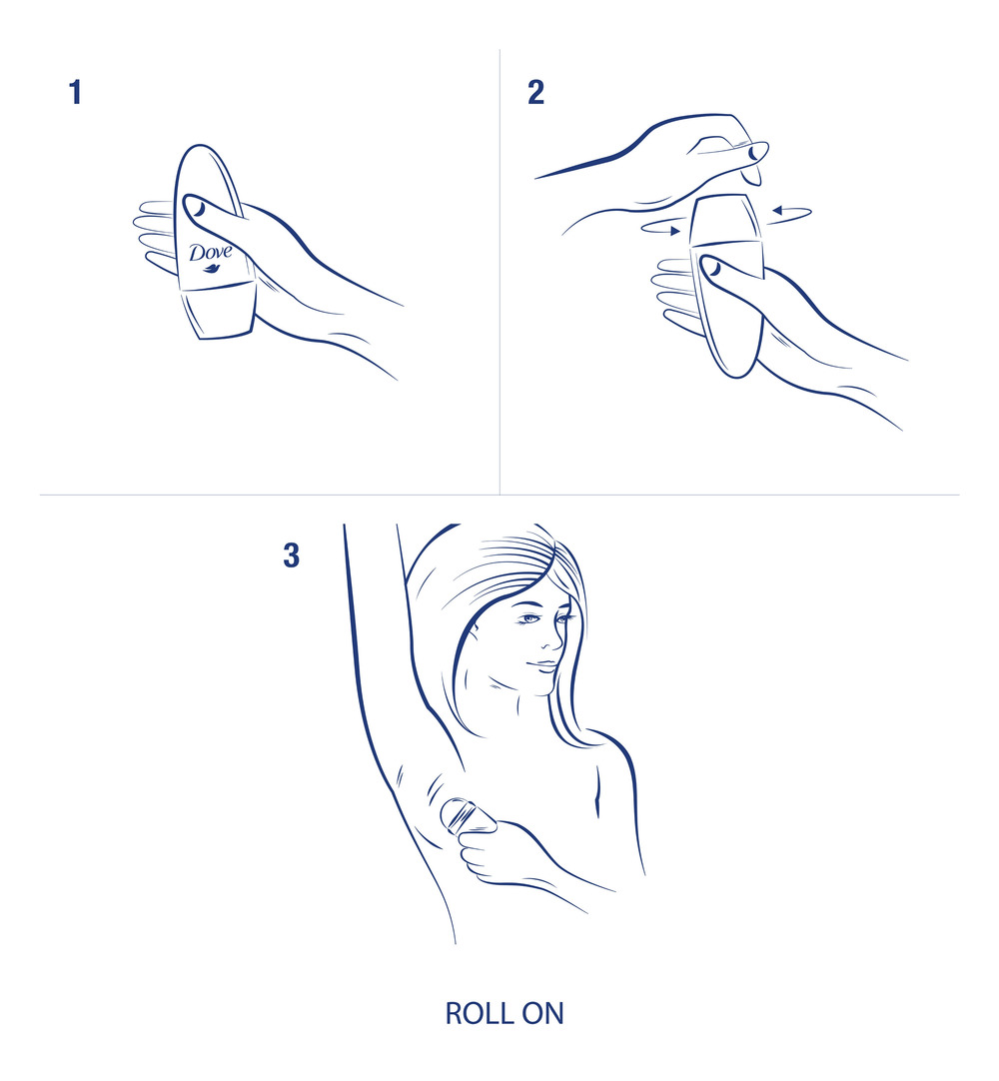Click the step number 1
pos(74,93)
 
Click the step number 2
pos(536,93)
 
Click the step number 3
pos(291,556)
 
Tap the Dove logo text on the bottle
pos(210,252)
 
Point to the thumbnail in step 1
pos(197,209)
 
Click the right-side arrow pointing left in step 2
pos(790,211)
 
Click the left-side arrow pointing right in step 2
pos(661,229)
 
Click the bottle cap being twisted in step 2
pos(728,219)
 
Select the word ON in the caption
pos(543,1013)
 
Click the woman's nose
pos(551,639)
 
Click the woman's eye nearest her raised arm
pos(527,619)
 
